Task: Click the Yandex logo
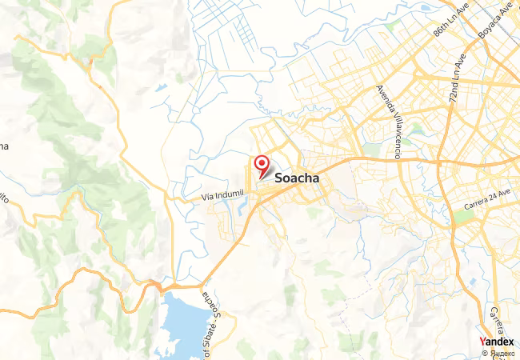pos(497,342)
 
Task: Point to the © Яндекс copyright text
pos(498,353)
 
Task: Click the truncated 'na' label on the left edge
pos(3,146)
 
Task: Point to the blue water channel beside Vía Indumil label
pos(241,210)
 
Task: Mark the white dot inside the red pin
pos(262,163)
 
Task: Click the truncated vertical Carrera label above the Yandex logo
pos(497,318)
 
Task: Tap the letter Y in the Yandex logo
pos(482,342)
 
